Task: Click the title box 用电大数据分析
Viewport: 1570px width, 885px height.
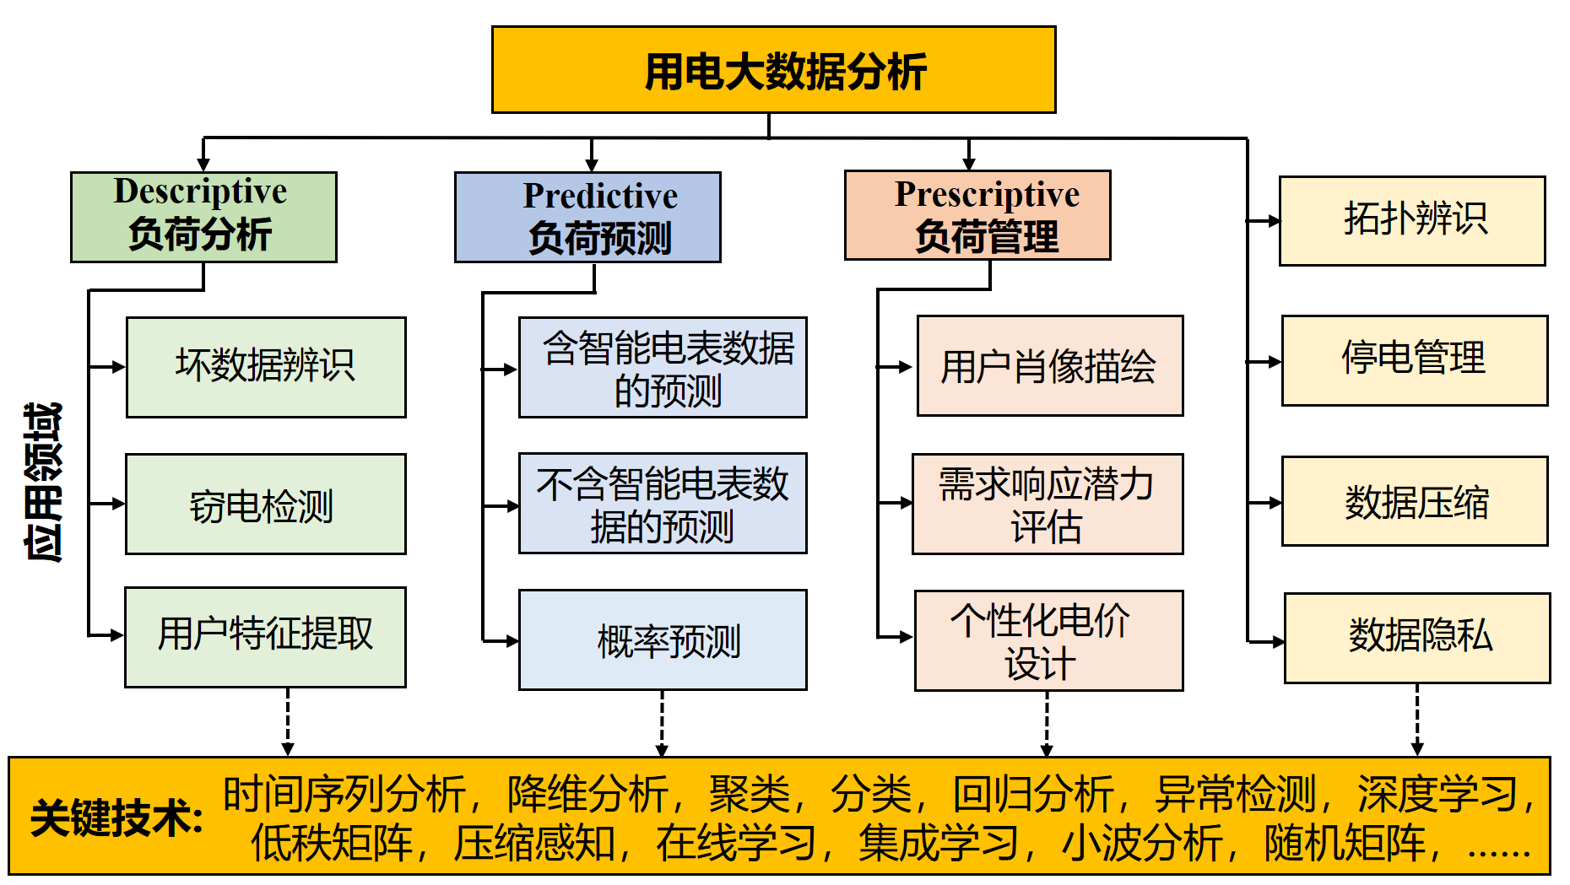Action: (x=773, y=70)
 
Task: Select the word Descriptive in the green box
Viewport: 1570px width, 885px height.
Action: (x=201, y=192)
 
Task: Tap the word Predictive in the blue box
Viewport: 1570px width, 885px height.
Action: (x=600, y=196)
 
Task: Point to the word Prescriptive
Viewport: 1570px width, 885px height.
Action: (x=987, y=194)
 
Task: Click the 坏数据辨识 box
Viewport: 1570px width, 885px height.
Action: (x=266, y=367)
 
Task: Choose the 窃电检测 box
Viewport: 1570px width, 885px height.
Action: (x=266, y=505)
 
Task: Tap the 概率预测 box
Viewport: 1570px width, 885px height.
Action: (x=663, y=640)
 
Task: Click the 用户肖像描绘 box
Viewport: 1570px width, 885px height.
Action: (x=1049, y=366)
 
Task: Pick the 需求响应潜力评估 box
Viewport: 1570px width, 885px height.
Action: (x=1048, y=504)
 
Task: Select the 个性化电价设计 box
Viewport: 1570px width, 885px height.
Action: (x=1048, y=640)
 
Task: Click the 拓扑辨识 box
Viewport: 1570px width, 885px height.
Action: (x=1412, y=221)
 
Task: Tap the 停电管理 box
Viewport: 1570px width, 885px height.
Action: (x=1415, y=360)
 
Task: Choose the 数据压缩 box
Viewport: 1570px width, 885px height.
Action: (x=1415, y=501)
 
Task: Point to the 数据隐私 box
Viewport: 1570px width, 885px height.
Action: (x=1417, y=638)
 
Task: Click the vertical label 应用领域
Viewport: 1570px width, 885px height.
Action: (x=43, y=482)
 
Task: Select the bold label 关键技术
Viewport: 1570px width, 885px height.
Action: (x=116, y=818)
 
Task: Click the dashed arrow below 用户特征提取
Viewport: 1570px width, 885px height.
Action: (x=288, y=721)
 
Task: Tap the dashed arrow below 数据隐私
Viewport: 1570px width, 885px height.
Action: (x=1417, y=720)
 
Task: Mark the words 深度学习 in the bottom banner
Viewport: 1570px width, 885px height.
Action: (x=1437, y=794)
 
